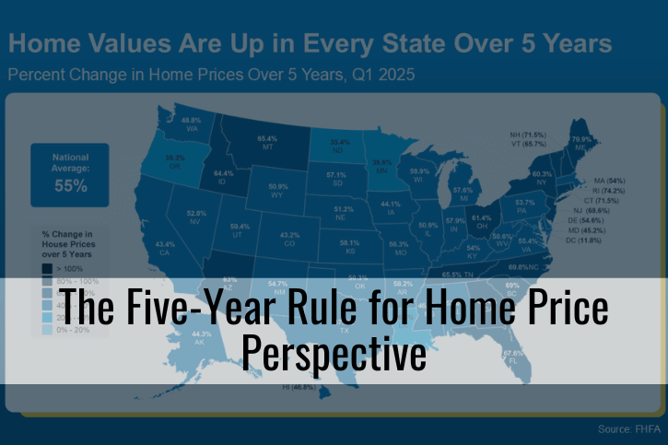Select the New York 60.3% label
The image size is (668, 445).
(542, 177)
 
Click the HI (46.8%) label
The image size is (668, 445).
(299, 388)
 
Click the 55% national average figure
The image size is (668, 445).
(69, 185)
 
